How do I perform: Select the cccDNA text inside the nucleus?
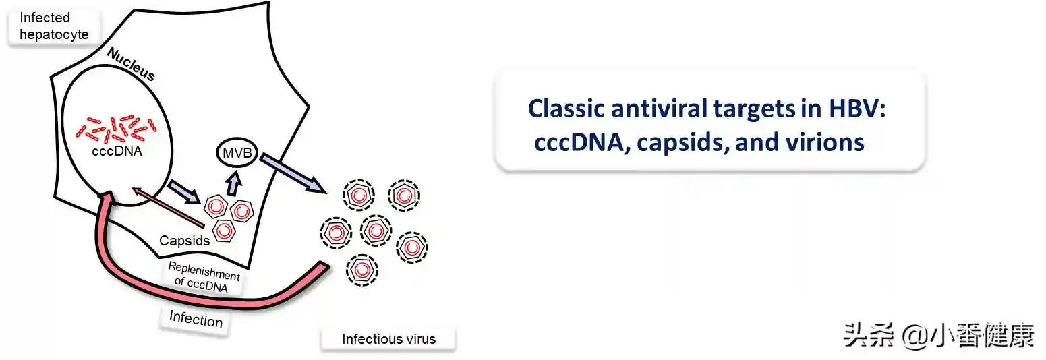click(x=117, y=151)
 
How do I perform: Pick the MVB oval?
click(x=234, y=154)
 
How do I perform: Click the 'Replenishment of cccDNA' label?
click(x=203, y=280)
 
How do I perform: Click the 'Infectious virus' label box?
click(x=388, y=339)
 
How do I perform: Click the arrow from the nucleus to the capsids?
click(x=183, y=192)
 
